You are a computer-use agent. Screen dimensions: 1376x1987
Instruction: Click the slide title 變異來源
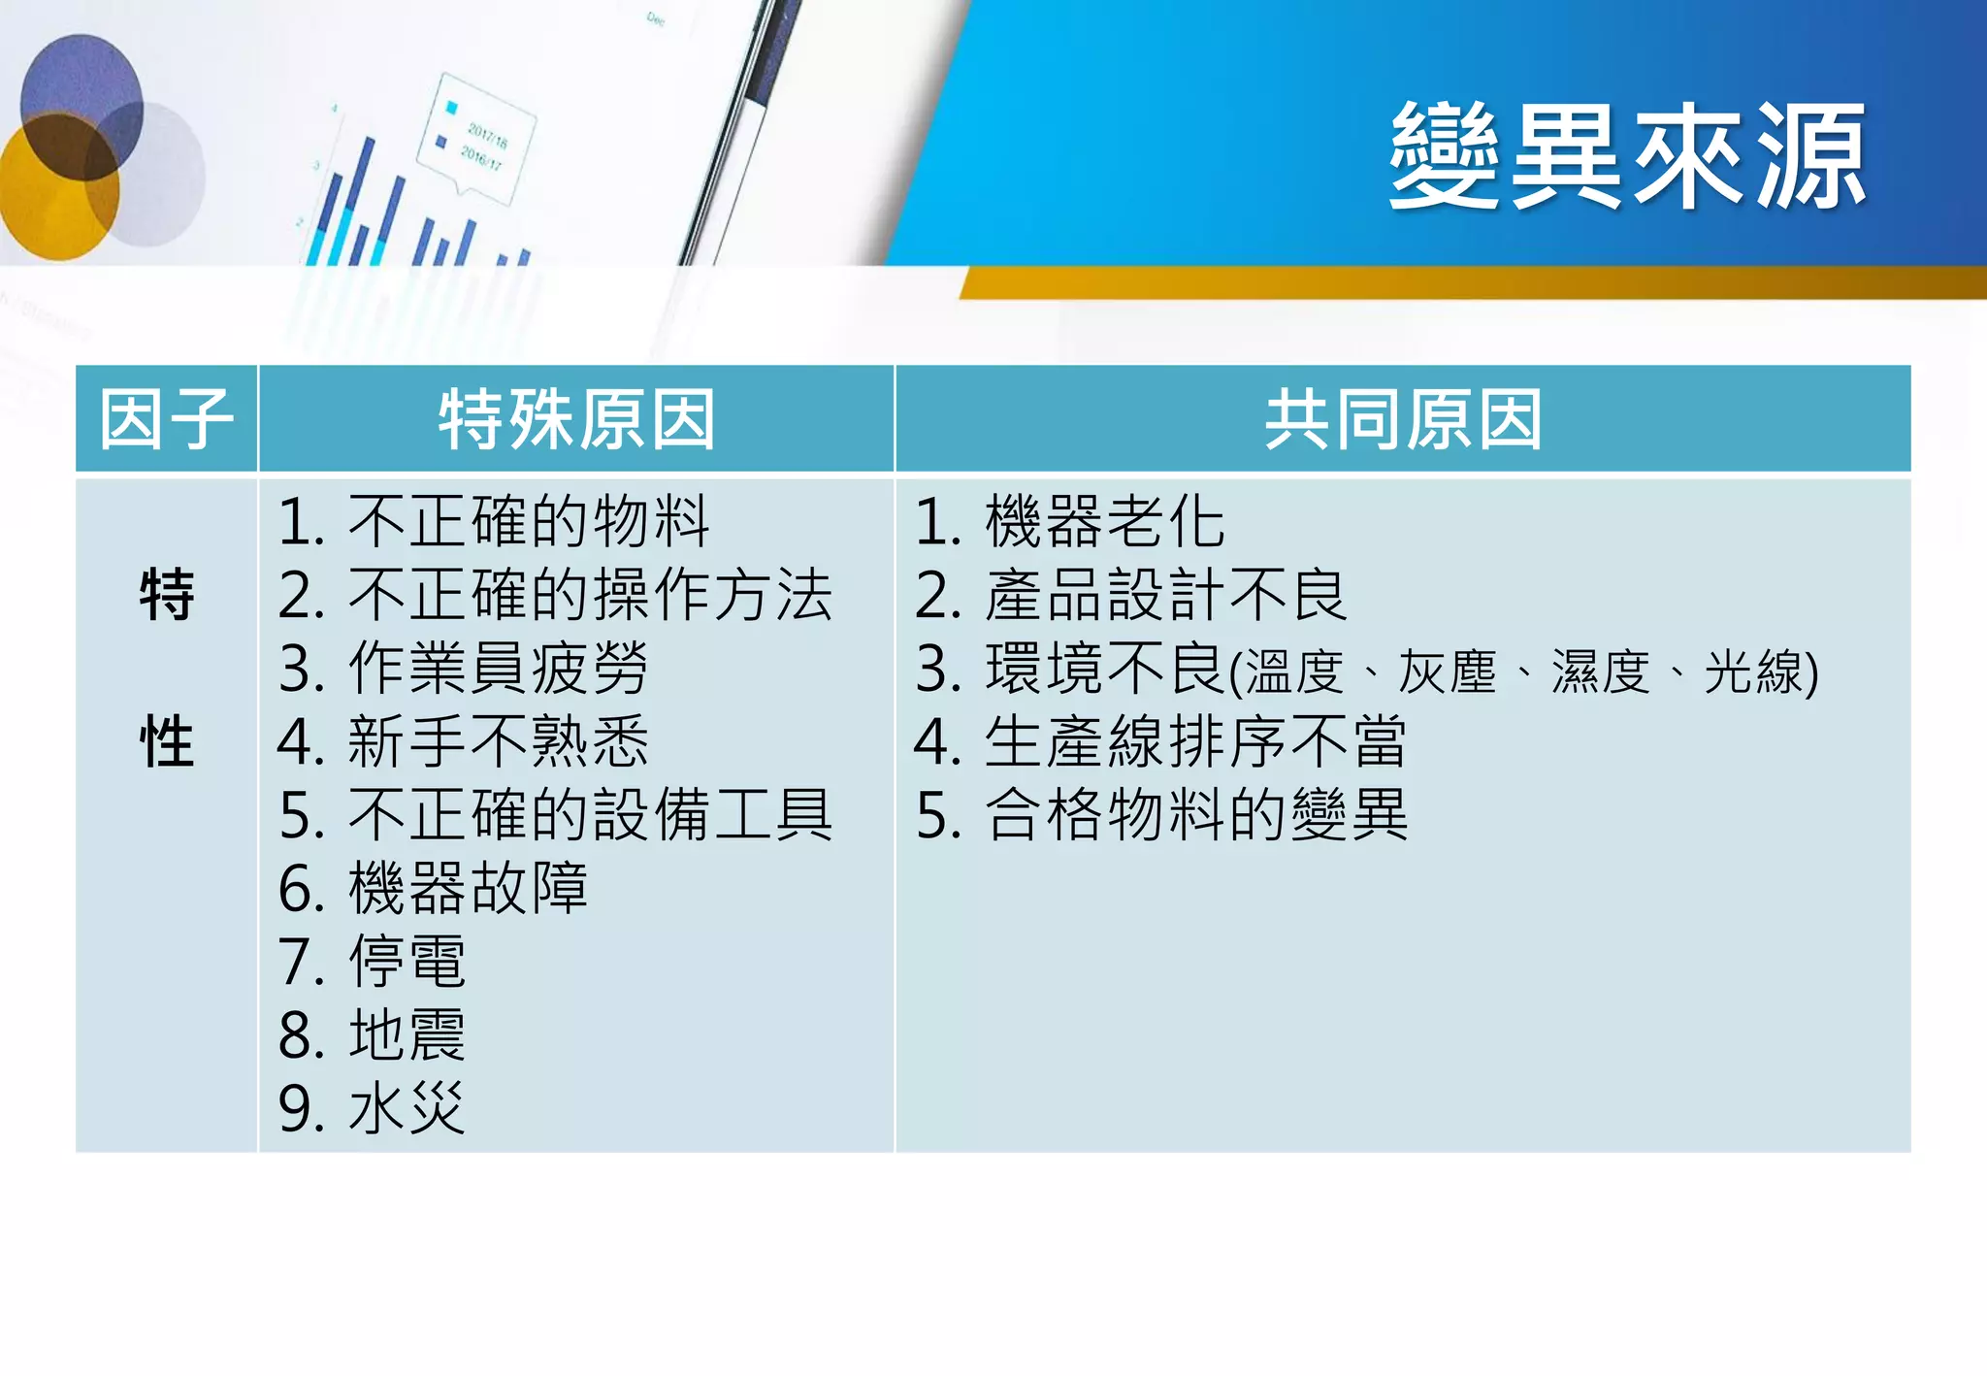1627,157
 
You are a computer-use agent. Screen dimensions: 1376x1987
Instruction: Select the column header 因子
166,419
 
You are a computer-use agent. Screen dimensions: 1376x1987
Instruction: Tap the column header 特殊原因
576,419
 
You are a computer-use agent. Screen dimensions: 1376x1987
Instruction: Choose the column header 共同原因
1403,419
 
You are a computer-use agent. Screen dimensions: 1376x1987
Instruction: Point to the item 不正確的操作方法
589,595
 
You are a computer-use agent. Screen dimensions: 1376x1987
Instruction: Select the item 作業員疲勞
497,669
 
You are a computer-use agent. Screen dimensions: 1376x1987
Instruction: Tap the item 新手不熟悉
497,742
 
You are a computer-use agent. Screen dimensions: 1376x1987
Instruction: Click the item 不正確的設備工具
589,815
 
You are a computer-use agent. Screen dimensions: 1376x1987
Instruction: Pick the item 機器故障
467,889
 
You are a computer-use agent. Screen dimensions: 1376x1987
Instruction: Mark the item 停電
407,962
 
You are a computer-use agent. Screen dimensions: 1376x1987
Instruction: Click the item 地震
407,1035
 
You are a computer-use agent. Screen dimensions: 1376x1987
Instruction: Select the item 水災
407,1108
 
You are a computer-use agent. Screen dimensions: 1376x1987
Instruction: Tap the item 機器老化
1104,522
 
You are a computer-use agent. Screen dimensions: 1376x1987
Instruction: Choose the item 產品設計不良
1165,595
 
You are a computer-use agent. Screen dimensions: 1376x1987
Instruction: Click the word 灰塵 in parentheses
1447,672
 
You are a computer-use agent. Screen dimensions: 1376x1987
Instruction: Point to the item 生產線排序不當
1195,742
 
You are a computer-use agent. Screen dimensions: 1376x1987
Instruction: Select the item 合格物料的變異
1195,815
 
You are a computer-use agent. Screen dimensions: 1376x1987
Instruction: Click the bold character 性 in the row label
167,742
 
